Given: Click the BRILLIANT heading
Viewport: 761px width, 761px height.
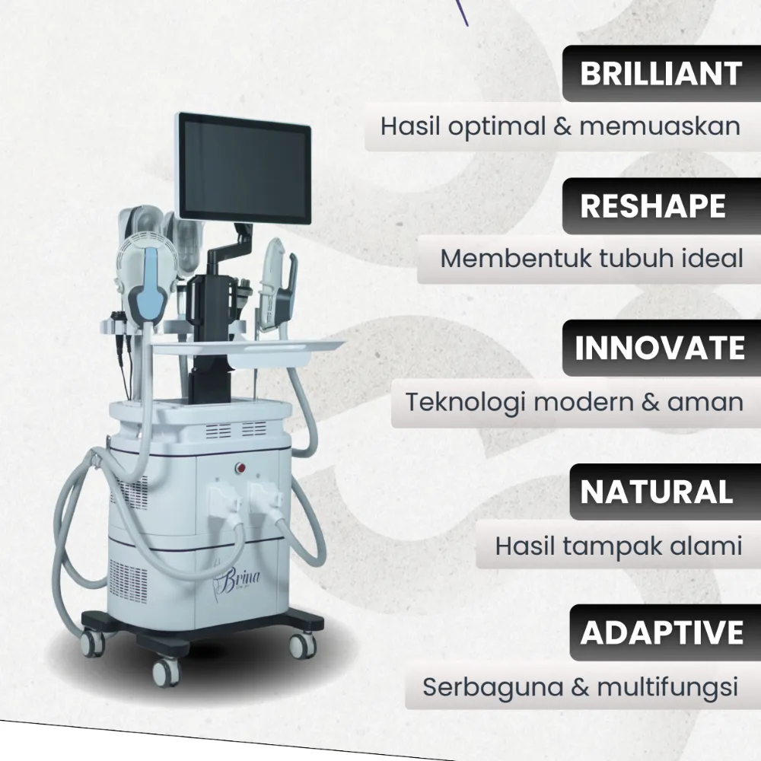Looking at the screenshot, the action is pyautogui.click(x=661, y=74).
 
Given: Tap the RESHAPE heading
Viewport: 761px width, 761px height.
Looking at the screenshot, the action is pyautogui.click(x=653, y=206).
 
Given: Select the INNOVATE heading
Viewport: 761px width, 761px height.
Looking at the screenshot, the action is pyautogui.click(x=660, y=348).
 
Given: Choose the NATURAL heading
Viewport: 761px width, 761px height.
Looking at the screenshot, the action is pyautogui.click(x=656, y=492).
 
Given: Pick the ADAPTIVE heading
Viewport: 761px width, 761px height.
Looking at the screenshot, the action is pyautogui.click(x=662, y=632).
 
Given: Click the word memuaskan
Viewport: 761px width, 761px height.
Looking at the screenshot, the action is pyautogui.click(x=660, y=126).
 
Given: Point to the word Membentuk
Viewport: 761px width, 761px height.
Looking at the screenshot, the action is pyautogui.click(x=515, y=258).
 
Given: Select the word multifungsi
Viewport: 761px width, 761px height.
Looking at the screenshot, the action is pyautogui.click(x=667, y=688).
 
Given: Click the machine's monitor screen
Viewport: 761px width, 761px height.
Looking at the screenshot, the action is pyautogui.click(x=244, y=168).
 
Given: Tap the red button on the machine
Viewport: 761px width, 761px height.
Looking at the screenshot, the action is pyautogui.click(x=240, y=468).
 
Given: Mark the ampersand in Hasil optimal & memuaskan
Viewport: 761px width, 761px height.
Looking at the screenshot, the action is pyautogui.click(x=562, y=126).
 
